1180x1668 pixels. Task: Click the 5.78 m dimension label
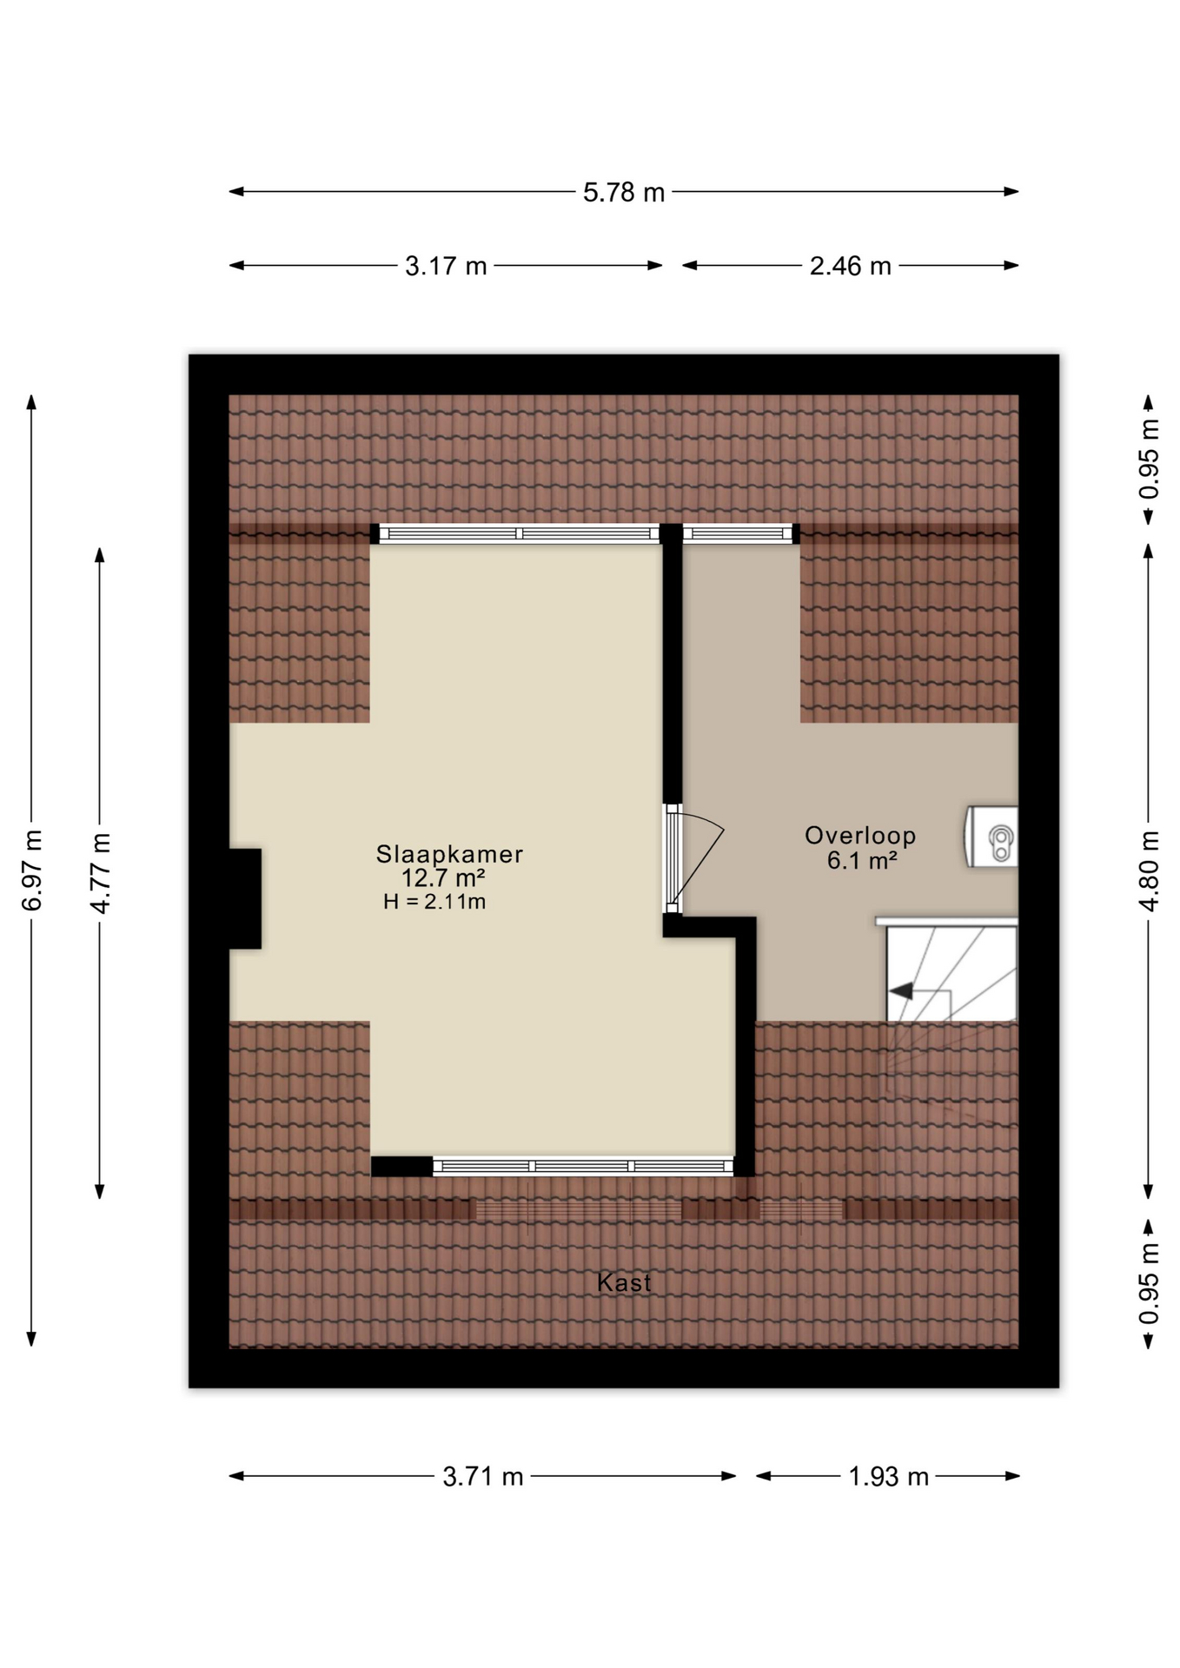[x=623, y=192]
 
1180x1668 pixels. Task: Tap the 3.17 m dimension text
[x=446, y=266]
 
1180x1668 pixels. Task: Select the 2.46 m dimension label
[x=851, y=266]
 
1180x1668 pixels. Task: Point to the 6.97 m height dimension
[x=32, y=870]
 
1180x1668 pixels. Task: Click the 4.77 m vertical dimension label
[x=101, y=873]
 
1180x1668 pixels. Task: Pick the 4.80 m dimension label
[x=1149, y=870]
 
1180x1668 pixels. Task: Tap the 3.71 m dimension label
[x=483, y=1477]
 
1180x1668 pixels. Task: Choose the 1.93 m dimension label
[x=889, y=1477]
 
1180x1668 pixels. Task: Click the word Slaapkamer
[x=449, y=854]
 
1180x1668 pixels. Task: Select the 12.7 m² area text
[x=443, y=877]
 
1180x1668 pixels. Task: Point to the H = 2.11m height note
[x=434, y=902]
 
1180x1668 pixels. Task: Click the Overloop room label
[x=860, y=836]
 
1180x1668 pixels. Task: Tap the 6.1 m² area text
[x=862, y=860]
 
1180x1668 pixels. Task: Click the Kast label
[x=624, y=1282]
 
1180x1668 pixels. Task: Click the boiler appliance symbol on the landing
[x=991, y=837]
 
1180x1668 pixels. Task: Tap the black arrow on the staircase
[x=900, y=990]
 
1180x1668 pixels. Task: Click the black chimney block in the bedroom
[x=245, y=898]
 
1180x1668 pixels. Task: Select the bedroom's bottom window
[x=583, y=1166]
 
